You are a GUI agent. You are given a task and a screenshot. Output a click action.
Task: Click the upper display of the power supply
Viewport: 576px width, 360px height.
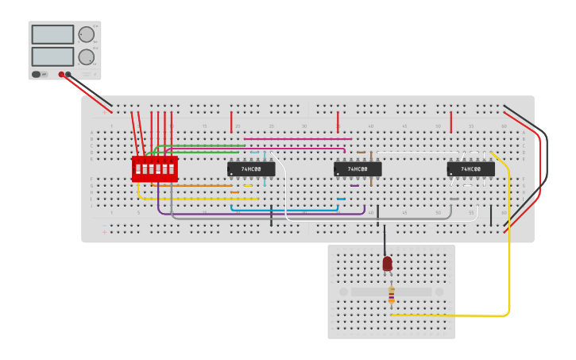click(x=52, y=34)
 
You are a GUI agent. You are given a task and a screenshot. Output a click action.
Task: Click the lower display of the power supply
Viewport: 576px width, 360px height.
click(x=52, y=56)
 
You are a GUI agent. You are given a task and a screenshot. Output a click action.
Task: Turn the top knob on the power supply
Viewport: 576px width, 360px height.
click(x=86, y=35)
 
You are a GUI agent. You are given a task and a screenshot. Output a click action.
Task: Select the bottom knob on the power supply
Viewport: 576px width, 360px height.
click(x=86, y=56)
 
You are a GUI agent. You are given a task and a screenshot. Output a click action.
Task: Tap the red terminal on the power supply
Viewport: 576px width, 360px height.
click(x=61, y=75)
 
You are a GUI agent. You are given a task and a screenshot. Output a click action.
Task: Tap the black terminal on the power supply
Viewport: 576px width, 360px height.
click(x=68, y=75)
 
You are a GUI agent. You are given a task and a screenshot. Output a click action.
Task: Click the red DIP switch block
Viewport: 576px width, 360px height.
click(x=154, y=168)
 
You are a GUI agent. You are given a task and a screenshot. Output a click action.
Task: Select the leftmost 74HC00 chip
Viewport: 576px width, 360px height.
click(x=251, y=169)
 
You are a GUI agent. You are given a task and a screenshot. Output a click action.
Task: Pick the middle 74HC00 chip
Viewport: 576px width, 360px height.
click(x=358, y=169)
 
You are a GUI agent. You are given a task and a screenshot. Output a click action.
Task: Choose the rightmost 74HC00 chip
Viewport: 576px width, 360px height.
click(x=470, y=169)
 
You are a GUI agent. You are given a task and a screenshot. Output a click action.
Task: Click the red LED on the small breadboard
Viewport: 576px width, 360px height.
click(x=387, y=263)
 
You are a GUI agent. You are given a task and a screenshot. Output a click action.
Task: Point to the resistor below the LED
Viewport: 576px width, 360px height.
click(x=391, y=296)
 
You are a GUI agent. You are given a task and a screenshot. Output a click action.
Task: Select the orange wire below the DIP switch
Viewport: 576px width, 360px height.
click(x=199, y=186)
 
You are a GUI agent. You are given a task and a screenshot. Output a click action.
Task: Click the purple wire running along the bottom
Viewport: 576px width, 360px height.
click(x=262, y=215)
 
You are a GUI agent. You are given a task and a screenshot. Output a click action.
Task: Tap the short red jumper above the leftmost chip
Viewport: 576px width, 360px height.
click(x=231, y=122)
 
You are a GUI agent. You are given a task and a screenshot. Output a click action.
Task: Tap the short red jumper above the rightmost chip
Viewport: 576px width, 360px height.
click(x=451, y=122)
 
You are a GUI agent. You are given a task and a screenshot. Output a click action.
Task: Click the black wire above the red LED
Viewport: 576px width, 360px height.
click(x=385, y=237)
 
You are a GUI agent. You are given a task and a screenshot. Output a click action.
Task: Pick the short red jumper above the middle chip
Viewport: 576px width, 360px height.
click(x=338, y=122)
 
